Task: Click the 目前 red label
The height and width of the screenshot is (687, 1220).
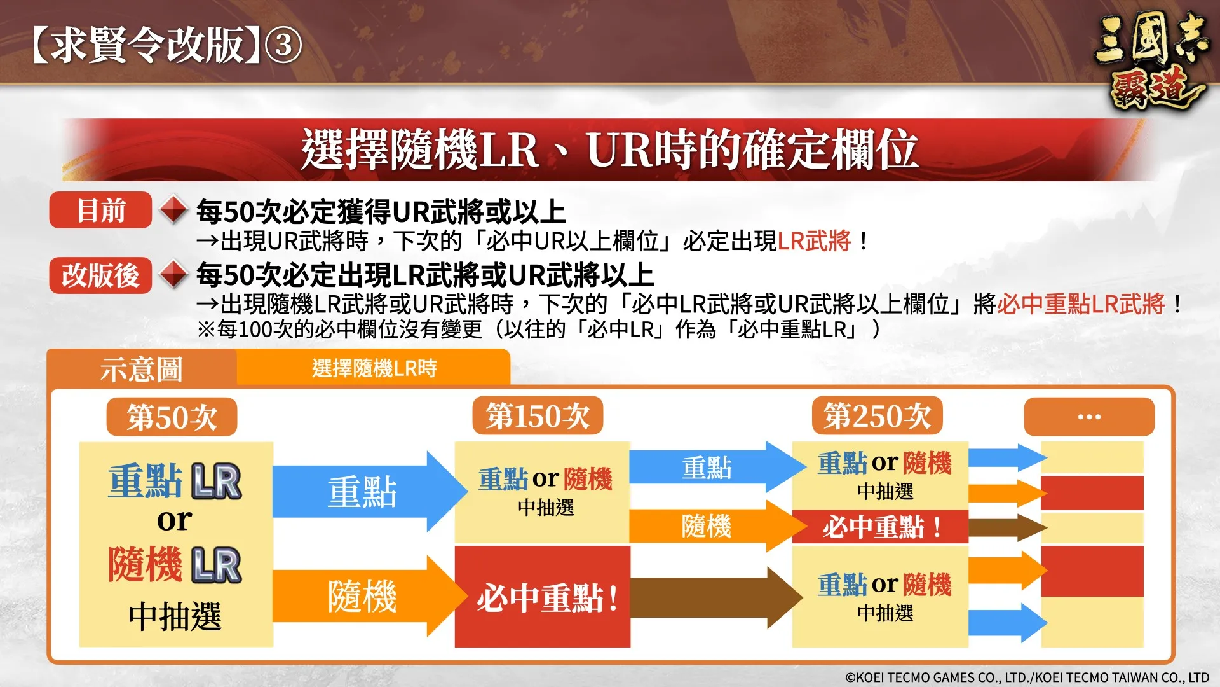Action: tap(100, 210)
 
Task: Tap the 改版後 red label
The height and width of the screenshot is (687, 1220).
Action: tap(100, 275)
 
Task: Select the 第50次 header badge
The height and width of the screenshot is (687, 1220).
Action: tap(172, 417)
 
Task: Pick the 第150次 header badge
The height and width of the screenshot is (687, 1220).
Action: tap(538, 417)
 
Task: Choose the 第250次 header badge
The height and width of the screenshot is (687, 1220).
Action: tap(877, 417)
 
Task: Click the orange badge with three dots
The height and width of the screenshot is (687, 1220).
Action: tap(1088, 417)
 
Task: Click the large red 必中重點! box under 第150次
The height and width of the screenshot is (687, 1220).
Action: tap(543, 597)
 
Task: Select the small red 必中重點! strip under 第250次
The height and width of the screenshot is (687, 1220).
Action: tap(880, 527)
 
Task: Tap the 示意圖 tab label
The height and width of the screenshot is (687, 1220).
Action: tap(141, 369)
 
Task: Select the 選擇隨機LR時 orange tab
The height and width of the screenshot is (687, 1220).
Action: tap(374, 368)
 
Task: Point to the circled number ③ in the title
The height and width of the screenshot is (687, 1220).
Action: tap(283, 46)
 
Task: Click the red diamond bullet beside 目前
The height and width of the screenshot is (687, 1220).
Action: tap(173, 210)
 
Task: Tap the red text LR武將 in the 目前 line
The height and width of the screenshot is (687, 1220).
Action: tap(814, 241)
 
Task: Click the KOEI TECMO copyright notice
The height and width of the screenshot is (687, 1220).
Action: tap(1027, 677)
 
